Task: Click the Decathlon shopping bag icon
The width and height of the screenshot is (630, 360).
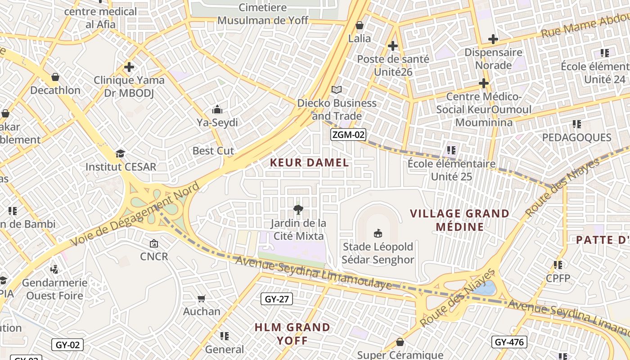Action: click(55, 77)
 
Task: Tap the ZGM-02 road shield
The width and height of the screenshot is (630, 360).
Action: click(348, 135)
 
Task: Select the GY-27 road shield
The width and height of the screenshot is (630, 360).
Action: click(277, 299)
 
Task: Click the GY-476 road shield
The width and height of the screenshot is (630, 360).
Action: click(509, 342)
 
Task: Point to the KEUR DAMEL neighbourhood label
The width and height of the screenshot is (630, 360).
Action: click(309, 163)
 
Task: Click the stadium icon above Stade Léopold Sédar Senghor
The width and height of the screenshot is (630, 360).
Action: click(378, 233)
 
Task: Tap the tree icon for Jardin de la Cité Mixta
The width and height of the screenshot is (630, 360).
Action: click(297, 209)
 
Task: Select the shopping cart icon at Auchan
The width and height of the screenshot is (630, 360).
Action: click(202, 298)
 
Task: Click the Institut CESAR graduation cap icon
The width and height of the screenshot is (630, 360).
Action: click(120, 153)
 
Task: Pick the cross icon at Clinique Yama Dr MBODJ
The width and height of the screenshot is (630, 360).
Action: click(129, 67)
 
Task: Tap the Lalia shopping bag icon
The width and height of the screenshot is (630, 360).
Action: click(359, 25)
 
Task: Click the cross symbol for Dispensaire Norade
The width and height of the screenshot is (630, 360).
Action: click(493, 39)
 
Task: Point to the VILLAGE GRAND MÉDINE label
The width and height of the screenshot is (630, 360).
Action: click(459, 220)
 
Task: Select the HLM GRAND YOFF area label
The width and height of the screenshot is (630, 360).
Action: click(292, 333)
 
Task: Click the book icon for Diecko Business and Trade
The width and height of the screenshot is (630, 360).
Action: click(337, 90)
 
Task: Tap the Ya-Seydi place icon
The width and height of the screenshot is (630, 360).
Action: click(217, 109)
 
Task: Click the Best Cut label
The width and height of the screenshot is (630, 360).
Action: click(213, 151)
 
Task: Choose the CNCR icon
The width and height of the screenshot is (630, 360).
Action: click(154, 243)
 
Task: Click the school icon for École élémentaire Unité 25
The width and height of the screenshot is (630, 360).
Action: click(451, 150)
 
